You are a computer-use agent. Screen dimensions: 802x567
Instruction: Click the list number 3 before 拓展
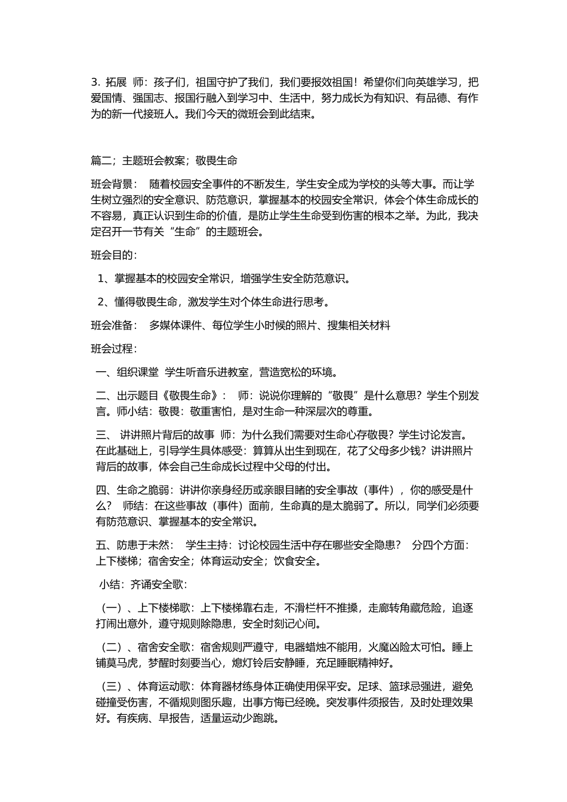(94, 82)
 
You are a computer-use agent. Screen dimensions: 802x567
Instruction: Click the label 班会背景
(112, 184)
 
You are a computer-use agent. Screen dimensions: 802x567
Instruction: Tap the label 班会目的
(112, 255)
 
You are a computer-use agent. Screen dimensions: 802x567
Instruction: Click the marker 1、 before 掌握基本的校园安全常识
(104, 279)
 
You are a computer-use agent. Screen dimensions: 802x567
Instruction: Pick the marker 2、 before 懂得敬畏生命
(104, 302)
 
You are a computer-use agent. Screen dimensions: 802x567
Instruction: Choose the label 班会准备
(112, 325)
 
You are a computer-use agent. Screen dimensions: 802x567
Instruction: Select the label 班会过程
(112, 348)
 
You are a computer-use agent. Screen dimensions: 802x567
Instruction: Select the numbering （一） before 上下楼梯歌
(112, 608)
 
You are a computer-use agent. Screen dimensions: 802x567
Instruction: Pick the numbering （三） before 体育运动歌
(112, 686)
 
